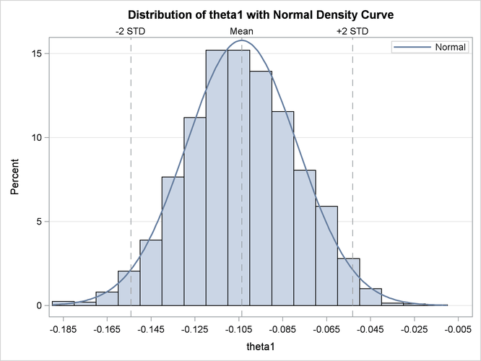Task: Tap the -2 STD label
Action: pyautogui.click(x=131, y=32)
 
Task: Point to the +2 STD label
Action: pyautogui.click(x=352, y=32)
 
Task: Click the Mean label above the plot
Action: pyautogui.click(x=241, y=32)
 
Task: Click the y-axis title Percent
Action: pyautogui.click(x=15, y=180)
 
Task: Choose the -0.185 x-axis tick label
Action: pyautogui.click(x=64, y=329)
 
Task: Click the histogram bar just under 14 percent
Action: pyautogui.click(x=261, y=188)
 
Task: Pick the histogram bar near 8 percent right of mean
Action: pyautogui.click(x=305, y=238)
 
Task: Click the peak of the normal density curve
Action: pyautogui.click(x=241, y=40)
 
